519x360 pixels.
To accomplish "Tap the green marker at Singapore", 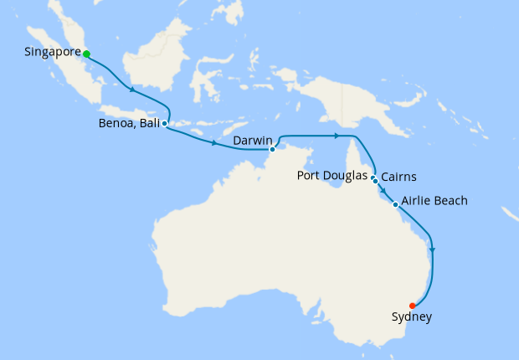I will point(86,54).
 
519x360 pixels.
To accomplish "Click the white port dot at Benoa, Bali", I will point(164,123).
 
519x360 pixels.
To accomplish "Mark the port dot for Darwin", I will point(272,150).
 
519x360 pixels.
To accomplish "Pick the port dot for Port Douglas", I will point(373,177).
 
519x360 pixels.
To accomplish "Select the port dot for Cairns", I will point(376,181).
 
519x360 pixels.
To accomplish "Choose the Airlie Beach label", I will point(434,201).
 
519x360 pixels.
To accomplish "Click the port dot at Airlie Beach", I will point(395,204).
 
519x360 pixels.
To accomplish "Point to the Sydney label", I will point(411,317).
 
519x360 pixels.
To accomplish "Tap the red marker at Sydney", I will point(412,306).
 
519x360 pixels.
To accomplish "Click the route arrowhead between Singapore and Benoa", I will point(131,90).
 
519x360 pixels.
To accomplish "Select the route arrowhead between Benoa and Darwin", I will point(215,144).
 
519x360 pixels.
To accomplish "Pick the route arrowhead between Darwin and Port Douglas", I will point(336,135).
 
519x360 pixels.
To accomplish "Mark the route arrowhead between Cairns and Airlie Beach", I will point(383,192).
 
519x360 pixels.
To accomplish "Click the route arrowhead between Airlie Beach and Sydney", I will point(432,248).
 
